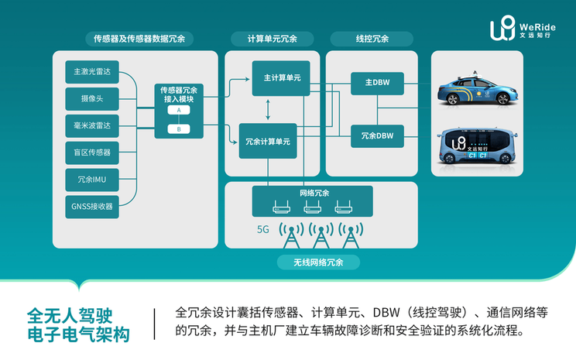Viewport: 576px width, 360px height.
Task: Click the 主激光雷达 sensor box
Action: point(92,72)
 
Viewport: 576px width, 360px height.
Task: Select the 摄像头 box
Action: point(92,99)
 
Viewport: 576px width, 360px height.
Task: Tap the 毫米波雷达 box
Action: point(92,125)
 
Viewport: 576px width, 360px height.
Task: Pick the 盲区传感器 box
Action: point(92,153)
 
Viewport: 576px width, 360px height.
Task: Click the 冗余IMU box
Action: point(92,180)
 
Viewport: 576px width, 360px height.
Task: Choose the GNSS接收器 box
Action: point(92,207)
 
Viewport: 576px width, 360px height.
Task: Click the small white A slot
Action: point(179,111)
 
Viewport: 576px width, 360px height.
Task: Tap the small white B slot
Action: point(179,129)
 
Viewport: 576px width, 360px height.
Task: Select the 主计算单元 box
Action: point(282,78)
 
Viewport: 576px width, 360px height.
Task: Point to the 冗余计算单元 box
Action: point(268,142)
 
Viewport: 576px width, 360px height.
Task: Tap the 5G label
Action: point(264,230)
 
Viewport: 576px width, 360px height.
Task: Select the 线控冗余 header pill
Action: point(372,38)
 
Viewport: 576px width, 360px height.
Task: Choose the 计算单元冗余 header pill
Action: point(271,38)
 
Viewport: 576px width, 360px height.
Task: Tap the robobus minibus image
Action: point(475,147)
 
